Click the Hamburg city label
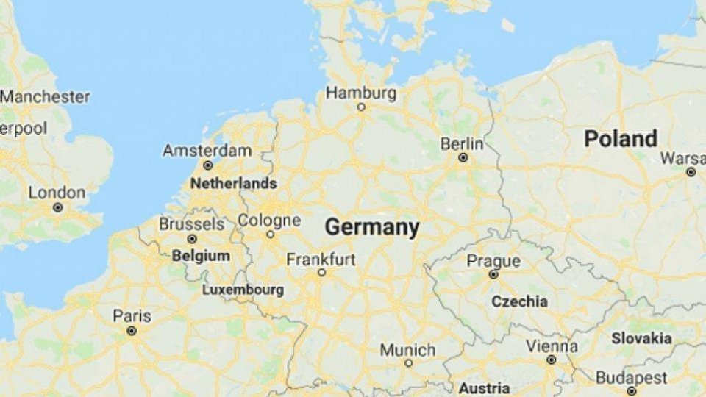(360, 93)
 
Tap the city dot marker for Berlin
(463, 157)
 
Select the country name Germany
(372, 227)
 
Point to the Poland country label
(620, 138)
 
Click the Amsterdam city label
(207, 151)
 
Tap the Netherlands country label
(233, 184)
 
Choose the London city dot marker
(57, 208)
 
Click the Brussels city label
(191, 223)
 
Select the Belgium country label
(200, 257)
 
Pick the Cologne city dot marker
(270, 235)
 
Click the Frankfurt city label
(321, 259)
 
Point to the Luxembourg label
(243, 290)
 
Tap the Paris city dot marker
(132, 331)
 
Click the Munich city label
(408, 349)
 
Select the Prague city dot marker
(493, 275)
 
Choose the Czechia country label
(519, 301)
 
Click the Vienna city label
(552, 346)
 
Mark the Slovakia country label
(641, 338)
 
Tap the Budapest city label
(631, 378)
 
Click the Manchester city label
(46, 96)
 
